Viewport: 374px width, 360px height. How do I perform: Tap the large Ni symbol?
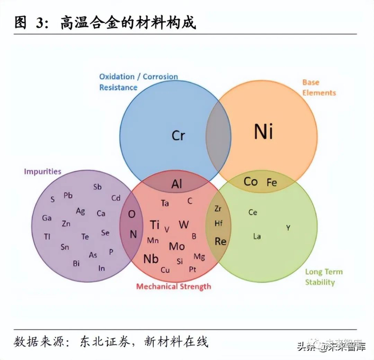pos(263,131)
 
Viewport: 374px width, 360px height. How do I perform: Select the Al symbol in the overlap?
pos(177,185)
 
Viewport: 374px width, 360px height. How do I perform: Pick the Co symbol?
pos(250,182)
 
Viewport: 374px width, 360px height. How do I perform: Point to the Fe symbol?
pos(271,182)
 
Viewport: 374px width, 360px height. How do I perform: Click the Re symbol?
pos(220,241)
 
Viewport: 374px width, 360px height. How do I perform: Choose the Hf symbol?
pos(219,224)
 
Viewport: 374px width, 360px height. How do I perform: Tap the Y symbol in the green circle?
pos(288,228)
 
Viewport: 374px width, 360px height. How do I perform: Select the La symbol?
pos(257,236)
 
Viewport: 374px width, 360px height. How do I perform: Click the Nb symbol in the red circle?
pos(151,259)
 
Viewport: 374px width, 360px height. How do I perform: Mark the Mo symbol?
pos(177,247)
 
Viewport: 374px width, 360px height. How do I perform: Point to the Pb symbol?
pos(68,195)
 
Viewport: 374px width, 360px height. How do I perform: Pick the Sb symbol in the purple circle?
pos(97,187)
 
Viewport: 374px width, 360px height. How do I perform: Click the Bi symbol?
pos(76,263)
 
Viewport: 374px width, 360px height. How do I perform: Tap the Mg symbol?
pos(199,257)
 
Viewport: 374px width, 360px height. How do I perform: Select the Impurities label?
pos(43,172)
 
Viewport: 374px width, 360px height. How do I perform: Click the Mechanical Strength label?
pos(173,286)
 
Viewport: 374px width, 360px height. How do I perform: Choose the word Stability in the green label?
pos(320,282)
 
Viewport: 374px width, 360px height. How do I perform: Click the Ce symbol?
pos(253,212)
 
